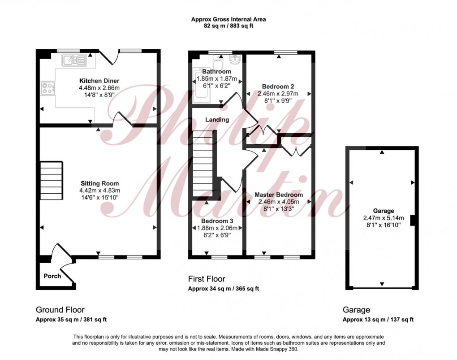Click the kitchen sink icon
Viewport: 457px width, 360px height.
tap(74, 61)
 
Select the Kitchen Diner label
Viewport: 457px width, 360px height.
tap(99, 81)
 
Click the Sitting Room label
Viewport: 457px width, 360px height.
tap(99, 183)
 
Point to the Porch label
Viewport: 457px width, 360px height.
tap(52, 276)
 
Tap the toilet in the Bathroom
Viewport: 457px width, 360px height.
tap(218, 61)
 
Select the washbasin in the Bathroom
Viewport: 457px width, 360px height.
tap(235, 59)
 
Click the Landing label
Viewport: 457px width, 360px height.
tap(217, 120)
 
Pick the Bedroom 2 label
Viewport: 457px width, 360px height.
tap(278, 87)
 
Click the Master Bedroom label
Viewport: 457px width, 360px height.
tap(279, 195)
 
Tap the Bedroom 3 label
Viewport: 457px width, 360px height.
tap(217, 221)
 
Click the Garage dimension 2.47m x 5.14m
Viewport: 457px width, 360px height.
tap(384, 218)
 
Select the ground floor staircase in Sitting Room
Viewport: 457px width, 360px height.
tap(51, 181)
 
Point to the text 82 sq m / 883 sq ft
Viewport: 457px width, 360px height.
tap(228, 26)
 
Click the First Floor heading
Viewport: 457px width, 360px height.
tap(207, 279)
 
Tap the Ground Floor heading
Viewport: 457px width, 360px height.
tap(60, 310)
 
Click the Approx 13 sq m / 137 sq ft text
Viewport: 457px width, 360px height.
tap(378, 320)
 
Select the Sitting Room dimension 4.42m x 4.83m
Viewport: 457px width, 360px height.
tap(99, 191)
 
